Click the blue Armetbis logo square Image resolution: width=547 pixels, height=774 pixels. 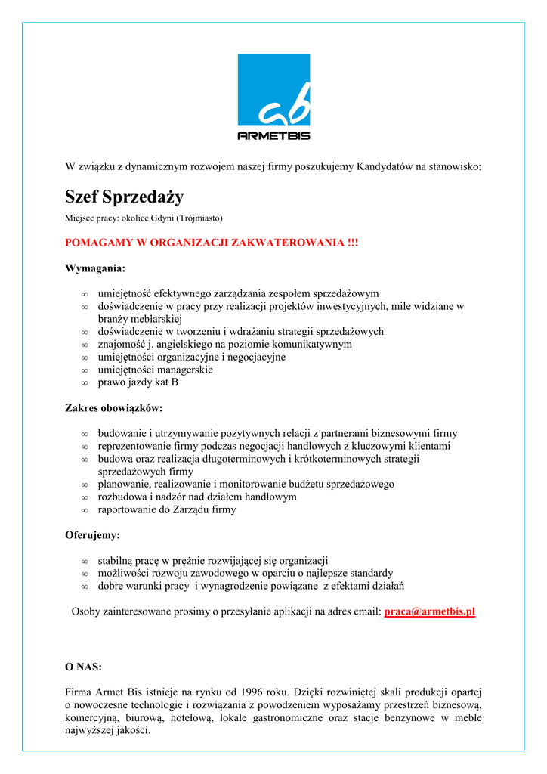pyautogui.click(x=273, y=90)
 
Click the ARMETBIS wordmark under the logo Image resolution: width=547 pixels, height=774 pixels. pyautogui.click(x=273, y=135)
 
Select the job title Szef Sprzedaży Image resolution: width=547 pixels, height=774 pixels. pyautogui.click(x=124, y=198)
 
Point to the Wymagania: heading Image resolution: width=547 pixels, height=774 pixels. pyautogui.click(x=96, y=268)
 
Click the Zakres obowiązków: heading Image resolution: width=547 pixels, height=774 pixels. pyautogui.click(x=114, y=408)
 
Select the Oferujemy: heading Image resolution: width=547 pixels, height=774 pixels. pyautogui.click(x=93, y=535)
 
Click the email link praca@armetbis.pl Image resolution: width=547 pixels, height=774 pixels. pyautogui.click(x=430, y=611)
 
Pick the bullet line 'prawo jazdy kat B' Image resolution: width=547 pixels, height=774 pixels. pyautogui.click(x=138, y=382)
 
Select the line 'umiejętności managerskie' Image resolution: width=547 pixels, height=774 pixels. pyautogui.click(x=156, y=370)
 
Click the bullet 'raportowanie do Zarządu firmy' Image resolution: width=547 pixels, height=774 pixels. pyautogui.click(x=167, y=509)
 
